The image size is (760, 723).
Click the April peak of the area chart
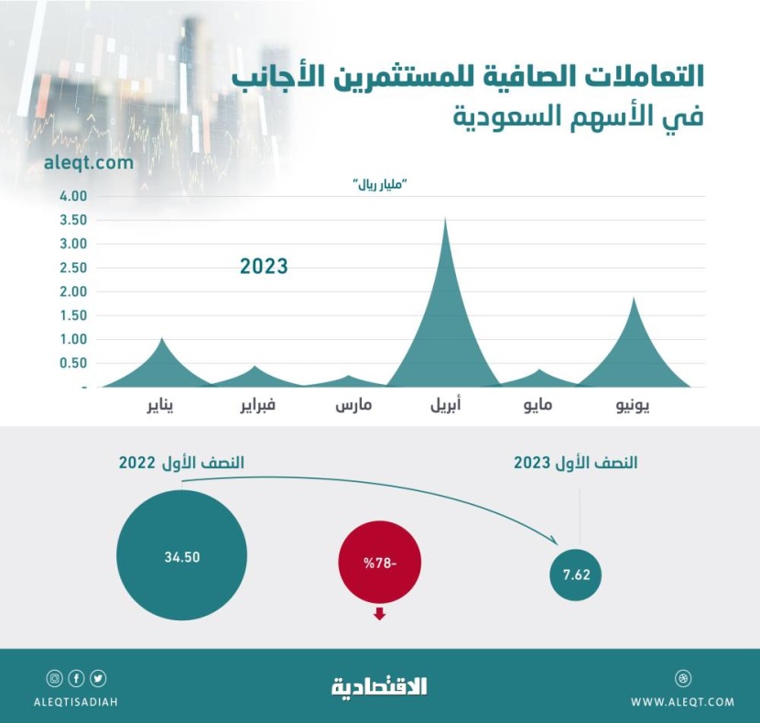[x=445, y=220]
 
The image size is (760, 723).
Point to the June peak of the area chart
[x=633, y=300]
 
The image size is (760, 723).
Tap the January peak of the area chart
[x=162, y=339]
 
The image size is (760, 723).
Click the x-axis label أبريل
[x=445, y=405]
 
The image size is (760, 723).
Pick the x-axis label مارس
[x=351, y=405]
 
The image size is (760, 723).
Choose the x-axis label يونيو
[x=632, y=405]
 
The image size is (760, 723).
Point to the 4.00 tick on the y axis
[x=72, y=196]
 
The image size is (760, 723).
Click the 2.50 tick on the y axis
[x=72, y=268]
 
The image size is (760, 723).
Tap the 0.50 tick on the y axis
[x=72, y=363]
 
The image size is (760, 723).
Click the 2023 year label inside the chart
[x=264, y=267]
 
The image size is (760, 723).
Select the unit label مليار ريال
[x=380, y=186]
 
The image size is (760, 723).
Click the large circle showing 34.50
[x=182, y=556]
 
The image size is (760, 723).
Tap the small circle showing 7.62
[x=578, y=575]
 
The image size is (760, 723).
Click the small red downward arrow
[x=379, y=613]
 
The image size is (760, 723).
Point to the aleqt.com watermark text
[x=88, y=163]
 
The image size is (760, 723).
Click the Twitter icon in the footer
[x=98, y=679]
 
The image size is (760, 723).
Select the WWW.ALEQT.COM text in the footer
[x=682, y=702]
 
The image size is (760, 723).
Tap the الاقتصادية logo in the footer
[x=379, y=685]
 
